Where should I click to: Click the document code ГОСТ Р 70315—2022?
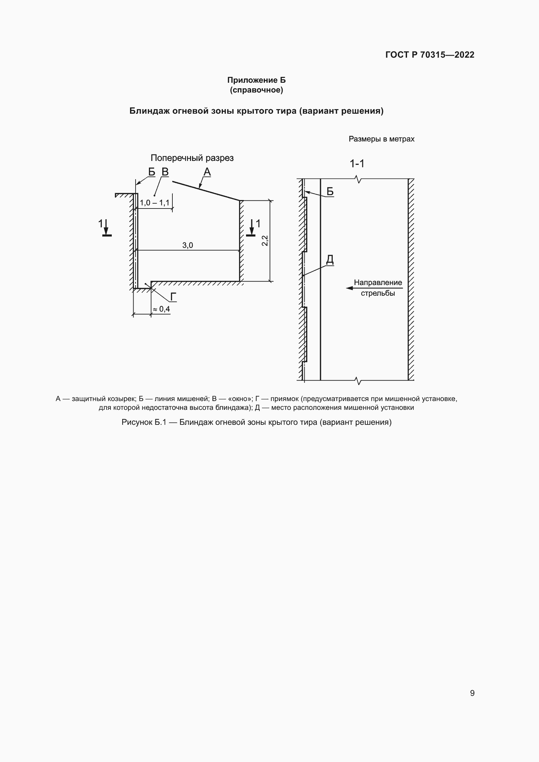(x=430, y=55)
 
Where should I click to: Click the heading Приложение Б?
(x=256, y=80)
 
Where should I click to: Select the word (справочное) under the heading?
(x=256, y=90)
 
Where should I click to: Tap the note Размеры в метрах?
(x=381, y=139)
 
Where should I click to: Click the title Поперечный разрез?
(x=192, y=158)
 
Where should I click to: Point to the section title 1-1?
(x=357, y=164)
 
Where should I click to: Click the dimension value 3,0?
(x=187, y=245)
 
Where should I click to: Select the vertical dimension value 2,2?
(x=265, y=241)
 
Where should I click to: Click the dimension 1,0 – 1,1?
(x=154, y=203)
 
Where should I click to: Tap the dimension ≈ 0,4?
(x=162, y=309)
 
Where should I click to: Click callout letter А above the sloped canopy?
(x=207, y=172)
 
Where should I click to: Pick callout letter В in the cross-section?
(x=165, y=172)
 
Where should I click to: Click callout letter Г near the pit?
(x=173, y=297)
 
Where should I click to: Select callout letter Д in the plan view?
(x=329, y=259)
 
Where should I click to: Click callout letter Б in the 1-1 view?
(x=330, y=192)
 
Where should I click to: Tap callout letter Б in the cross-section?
(x=152, y=172)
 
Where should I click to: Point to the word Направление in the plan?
(x=378, y=282)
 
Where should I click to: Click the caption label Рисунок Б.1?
(x=143, y=422)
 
